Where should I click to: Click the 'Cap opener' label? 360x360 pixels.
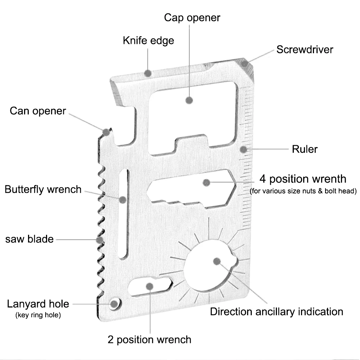[192, 18]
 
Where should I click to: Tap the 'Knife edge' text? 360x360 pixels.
[148, 40]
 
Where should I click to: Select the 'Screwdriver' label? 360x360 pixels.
[305, 49]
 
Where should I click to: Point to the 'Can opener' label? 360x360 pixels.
[38, 111]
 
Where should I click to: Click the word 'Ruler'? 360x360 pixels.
[305, 149]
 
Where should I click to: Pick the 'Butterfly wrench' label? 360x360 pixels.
[43, 189]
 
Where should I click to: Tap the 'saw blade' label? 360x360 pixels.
[29, 239]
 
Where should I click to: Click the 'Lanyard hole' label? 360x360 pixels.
[38, 304]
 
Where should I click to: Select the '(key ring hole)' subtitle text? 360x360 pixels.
[38, 315]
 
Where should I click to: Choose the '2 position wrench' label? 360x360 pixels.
[149, 339]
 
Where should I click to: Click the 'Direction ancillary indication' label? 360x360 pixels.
[277, 311]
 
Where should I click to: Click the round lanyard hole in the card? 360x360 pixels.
[114, 304]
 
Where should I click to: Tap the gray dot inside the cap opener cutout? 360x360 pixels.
[190, 100]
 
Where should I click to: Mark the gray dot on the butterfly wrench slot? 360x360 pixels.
[123, 199]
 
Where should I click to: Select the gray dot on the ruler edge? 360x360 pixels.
[244, 149]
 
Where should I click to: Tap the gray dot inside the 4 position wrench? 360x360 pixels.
[206, 183]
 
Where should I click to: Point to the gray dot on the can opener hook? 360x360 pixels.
[106, 132]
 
